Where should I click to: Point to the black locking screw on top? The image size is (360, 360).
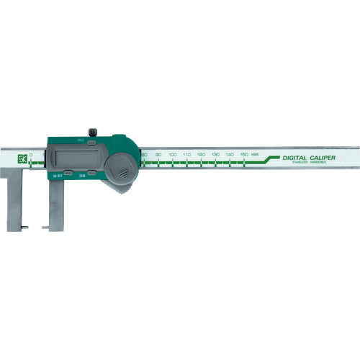pyautogui.click(x=92, y=132)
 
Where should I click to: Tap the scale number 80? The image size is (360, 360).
pyautogui.click(x=145, y=155)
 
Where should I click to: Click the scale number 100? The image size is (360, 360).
pyautogui.click(x=173, y=155)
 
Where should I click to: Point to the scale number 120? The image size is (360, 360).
pyautogui.click(x=201, y=155)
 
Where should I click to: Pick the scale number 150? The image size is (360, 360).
pyautogui.click(x=244, y=155)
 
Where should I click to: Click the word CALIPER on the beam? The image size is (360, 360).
pyautogui.click(x=323, y=157)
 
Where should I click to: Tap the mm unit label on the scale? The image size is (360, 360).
pyautogui.click(x=256, y=155)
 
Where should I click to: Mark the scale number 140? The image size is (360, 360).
pyautogui.click(x=230, y=155)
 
